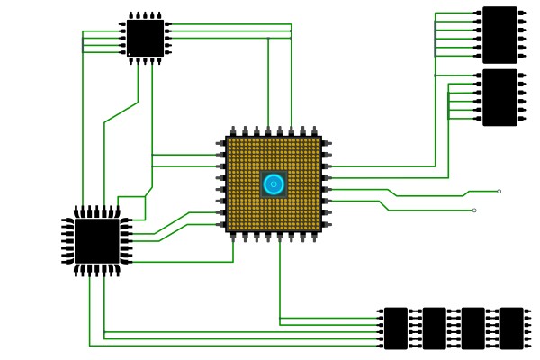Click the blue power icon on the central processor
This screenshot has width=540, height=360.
pos(274,184)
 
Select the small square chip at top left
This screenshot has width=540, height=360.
pos(145,38)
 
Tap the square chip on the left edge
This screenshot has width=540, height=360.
pos(96,241)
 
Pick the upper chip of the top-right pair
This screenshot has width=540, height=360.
pos(499,34)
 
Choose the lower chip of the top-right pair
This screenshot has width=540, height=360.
pos(499,97)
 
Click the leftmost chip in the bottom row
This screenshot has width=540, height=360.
pos(395,328)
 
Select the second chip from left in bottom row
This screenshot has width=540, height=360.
pos(434,328)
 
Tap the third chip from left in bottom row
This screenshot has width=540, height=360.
pos(472,328)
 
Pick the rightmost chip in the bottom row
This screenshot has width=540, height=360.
pos(511,328)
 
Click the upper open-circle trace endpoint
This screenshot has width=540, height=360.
pos(499,191)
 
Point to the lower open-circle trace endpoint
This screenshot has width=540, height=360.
pos(474,211)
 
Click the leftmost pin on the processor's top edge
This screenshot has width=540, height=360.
pos(233,131)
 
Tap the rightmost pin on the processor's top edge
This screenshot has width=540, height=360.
pos(314,131)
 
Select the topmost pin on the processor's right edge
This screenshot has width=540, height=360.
pos(327,143)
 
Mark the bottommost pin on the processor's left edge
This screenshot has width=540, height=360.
pos(220,225)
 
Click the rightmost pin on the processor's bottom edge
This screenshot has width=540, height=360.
pos(314,238)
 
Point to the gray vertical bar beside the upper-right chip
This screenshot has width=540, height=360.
pos(436,38)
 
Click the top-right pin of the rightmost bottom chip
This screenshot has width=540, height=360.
pos(528,311)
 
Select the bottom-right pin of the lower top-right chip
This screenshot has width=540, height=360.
pos(523,118)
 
